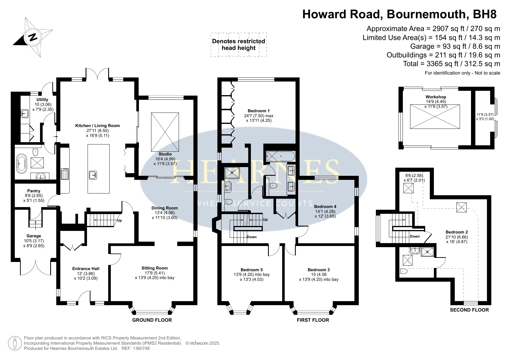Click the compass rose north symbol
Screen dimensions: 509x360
[33, 37]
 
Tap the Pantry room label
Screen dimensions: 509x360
[34, 191]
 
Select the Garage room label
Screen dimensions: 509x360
[34, 236]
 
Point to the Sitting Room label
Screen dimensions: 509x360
[155, 268]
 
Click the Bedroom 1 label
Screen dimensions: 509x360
[259, 111]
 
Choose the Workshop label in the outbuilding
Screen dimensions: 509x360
[436, 97]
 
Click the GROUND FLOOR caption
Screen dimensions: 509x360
[152, 320]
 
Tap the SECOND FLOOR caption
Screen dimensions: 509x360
[469, 310]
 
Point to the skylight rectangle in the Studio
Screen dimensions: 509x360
[165, 132]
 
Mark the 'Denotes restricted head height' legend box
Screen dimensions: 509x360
[239, 44]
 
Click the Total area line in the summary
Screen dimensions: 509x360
[452, 64]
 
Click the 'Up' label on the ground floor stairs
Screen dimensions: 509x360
[119, 220]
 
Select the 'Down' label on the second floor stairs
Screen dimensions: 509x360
[415, 236]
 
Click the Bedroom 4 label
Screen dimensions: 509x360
[325, 207]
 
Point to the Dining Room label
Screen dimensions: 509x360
[164, 208]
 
